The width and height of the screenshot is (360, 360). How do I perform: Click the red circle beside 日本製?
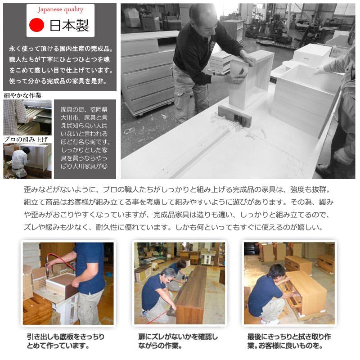coord(36,25)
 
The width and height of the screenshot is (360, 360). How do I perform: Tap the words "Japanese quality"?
coord(60,9)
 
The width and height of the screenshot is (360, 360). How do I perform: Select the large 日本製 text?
coord(69,25)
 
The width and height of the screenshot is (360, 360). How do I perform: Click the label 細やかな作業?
coord(22,95)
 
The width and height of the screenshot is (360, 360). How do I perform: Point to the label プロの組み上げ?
coord(26,139)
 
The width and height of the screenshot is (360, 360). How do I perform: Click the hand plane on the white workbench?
coord(234,116)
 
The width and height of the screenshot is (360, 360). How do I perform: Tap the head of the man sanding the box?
coord(203,17)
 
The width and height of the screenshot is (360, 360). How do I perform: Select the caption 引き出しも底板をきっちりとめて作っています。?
coord(66,341)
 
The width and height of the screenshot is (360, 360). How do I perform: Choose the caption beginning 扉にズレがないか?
coord(178,341)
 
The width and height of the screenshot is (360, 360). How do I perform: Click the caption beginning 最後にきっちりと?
coord(289,341)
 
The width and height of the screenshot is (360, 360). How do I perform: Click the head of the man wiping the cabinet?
coord(277,272)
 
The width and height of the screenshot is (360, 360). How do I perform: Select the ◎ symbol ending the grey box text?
coord(104,166)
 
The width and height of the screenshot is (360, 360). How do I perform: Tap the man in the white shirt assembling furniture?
coord(20,162)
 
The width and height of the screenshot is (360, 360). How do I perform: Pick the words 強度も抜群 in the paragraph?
coord(308,189)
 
